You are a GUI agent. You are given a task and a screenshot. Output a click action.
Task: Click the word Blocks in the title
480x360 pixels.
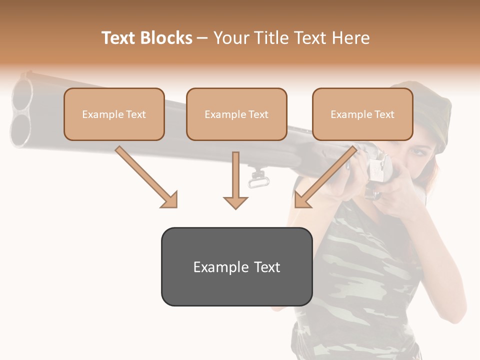click(x=166, y=38)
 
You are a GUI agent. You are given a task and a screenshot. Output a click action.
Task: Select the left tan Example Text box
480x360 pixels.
click(x=114, y=114)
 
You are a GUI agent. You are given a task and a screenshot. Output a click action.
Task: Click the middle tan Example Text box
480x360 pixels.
click(x=236, y=114)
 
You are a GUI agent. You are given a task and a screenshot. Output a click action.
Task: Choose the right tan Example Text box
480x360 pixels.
click(x=362, y=114)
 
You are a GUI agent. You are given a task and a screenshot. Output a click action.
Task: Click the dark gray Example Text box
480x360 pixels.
click(x=236, y=266)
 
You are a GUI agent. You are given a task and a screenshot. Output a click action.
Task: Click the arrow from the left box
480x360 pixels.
click(x=146, y=177)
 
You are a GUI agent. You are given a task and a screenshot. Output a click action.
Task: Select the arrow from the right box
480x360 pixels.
click(x=325, y=177)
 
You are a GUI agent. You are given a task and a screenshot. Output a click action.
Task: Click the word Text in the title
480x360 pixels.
click(x=119, y=38)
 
